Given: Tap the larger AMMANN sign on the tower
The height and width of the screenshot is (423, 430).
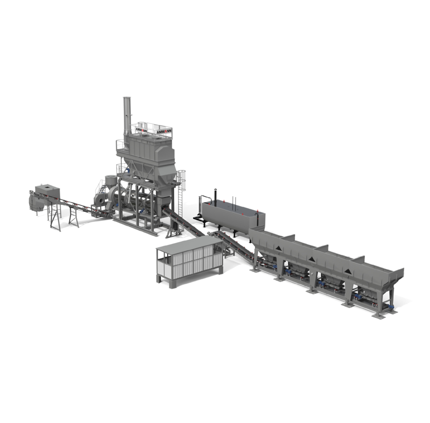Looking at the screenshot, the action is click(164, 131).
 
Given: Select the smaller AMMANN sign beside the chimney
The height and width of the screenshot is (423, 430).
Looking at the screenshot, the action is click(141, 130).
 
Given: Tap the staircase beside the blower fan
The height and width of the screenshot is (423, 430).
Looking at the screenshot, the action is click(102, 189).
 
